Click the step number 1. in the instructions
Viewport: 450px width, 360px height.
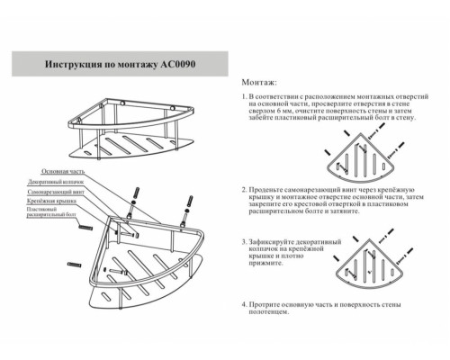click(x=245, y=94)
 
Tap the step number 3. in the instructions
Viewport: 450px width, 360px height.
click(x=245, y=243)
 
